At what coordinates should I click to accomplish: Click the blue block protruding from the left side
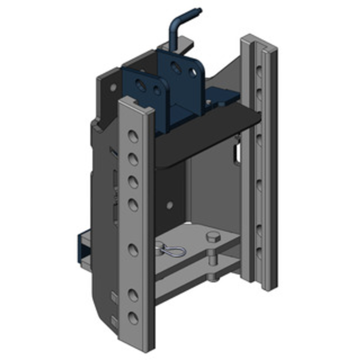click(85, 250)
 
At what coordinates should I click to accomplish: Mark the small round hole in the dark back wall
click(170, 205)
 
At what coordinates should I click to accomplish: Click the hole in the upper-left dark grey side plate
click(113, 87)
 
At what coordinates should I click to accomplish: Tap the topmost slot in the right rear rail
click(259, 70)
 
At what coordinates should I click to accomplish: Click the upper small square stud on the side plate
click(113, 296)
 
